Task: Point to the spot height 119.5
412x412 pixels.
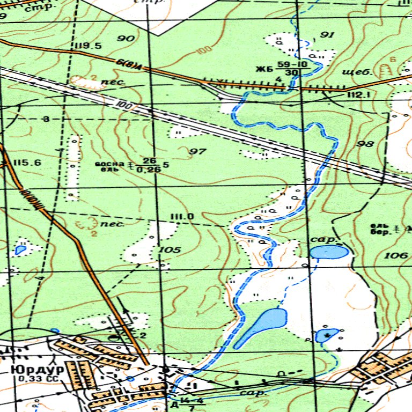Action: point(89,46)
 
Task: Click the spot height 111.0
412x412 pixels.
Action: point(182,217)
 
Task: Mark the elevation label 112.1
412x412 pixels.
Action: point(359,95)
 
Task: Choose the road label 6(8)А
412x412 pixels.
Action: point(131,64)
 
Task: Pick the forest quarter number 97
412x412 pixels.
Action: point(198,152)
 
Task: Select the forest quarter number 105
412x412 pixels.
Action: point(170,250)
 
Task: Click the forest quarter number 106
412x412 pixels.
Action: point(396,256)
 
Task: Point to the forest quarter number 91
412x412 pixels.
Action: point(327,35)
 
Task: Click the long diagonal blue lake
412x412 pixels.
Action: point(261,327)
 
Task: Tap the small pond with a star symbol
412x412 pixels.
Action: point(327,336)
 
